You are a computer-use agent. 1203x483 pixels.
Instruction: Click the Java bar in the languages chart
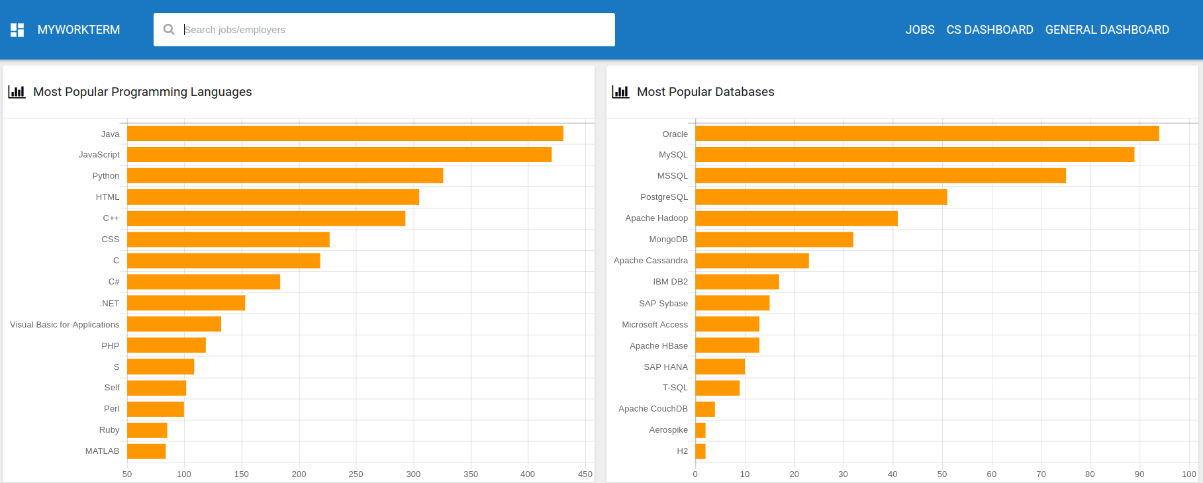point(344,134)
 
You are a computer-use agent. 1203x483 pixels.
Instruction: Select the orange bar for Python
point(285,175)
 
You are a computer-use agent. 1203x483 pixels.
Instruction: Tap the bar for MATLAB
point(146,451)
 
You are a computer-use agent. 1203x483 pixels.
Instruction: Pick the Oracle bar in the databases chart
point(927,134)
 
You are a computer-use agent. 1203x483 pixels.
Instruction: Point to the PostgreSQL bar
point(821,197)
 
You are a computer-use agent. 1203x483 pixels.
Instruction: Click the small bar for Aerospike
point(700,430)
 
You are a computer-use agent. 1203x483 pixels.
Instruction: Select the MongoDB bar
point(774,240)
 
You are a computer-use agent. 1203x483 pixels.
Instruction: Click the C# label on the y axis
point(114,282)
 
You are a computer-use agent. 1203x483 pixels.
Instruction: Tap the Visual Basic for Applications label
point(65,325)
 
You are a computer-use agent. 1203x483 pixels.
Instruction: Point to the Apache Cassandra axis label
point(651,261)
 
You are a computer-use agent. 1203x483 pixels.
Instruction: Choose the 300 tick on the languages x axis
point(413,474)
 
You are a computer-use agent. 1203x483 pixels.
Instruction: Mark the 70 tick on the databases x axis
point(1041,474)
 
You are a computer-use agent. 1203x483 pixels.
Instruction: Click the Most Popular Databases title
point(706,92)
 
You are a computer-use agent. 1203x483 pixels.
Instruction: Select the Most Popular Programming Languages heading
point(142,92)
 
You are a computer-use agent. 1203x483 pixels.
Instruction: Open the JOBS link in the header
point(920,30)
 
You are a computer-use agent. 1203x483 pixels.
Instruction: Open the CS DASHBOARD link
point(990,30)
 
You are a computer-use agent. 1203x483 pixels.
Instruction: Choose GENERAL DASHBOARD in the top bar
point(1107,30)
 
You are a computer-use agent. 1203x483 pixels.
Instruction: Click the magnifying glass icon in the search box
point(169,30)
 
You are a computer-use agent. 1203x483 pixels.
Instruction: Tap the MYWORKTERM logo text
point(79,30)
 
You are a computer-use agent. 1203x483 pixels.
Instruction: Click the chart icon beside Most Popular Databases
point(620,92)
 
